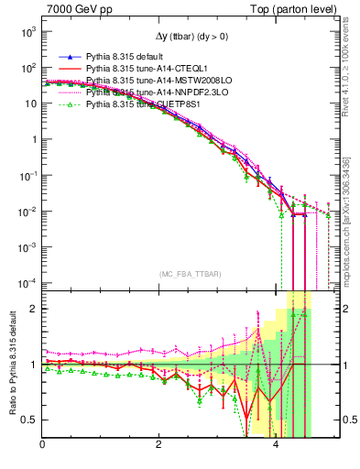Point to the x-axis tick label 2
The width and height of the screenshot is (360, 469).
coord(159,445)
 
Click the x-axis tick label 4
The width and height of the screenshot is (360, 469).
coord(277,445)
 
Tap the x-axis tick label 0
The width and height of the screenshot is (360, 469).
coord(42,445)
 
